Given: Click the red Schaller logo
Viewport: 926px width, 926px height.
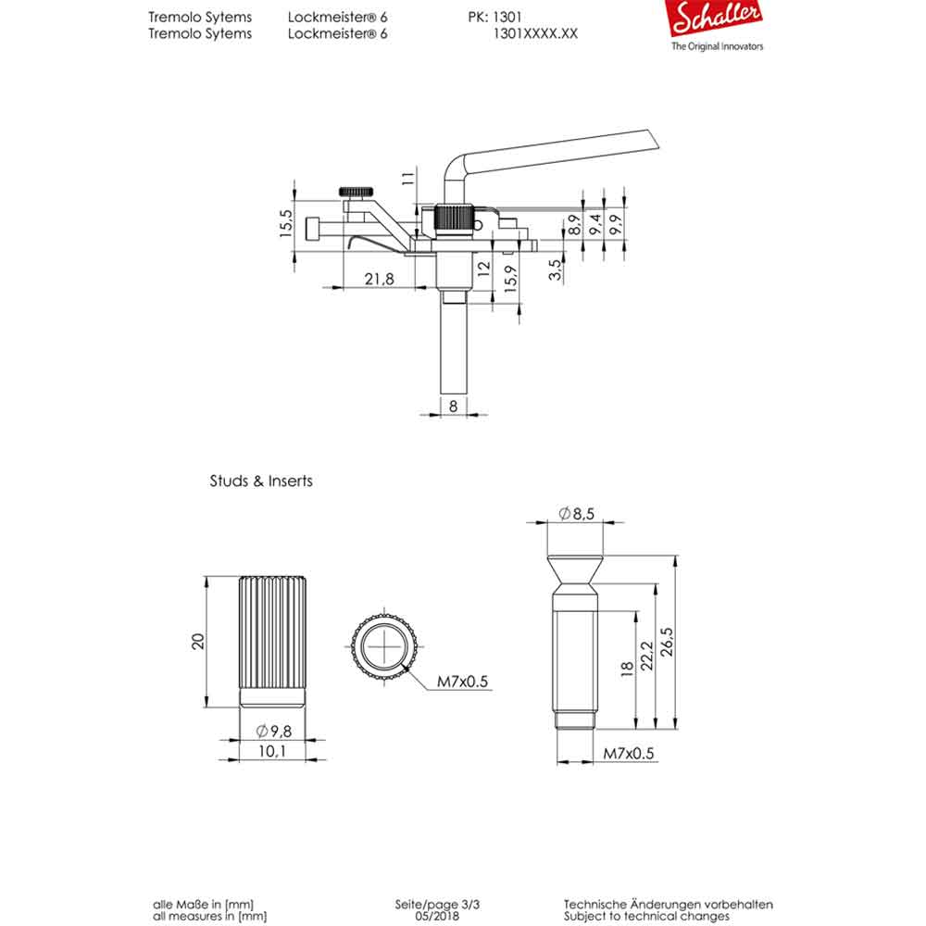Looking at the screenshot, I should point(717,19).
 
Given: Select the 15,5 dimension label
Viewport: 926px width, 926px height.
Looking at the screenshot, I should point(285,223).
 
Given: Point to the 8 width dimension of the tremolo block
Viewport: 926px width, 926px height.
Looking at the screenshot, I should point(454,405).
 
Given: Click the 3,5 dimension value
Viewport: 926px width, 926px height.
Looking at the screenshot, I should point(554,270).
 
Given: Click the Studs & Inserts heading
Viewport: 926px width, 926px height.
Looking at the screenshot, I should point(261,482).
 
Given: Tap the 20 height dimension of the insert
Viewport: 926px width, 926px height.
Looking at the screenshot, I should point(197,641).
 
